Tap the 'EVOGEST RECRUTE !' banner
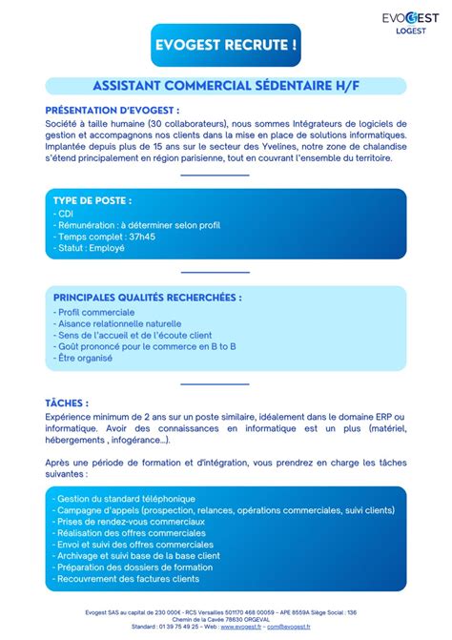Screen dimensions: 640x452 226,45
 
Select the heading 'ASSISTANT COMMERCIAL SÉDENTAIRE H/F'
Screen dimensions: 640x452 226,87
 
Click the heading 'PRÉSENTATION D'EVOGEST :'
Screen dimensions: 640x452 113,110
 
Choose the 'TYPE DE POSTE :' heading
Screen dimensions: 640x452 92,201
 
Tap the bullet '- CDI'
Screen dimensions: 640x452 64,214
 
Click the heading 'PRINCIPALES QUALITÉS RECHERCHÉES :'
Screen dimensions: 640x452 148,298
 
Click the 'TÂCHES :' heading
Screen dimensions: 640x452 67,403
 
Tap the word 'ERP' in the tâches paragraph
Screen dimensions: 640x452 380,417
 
